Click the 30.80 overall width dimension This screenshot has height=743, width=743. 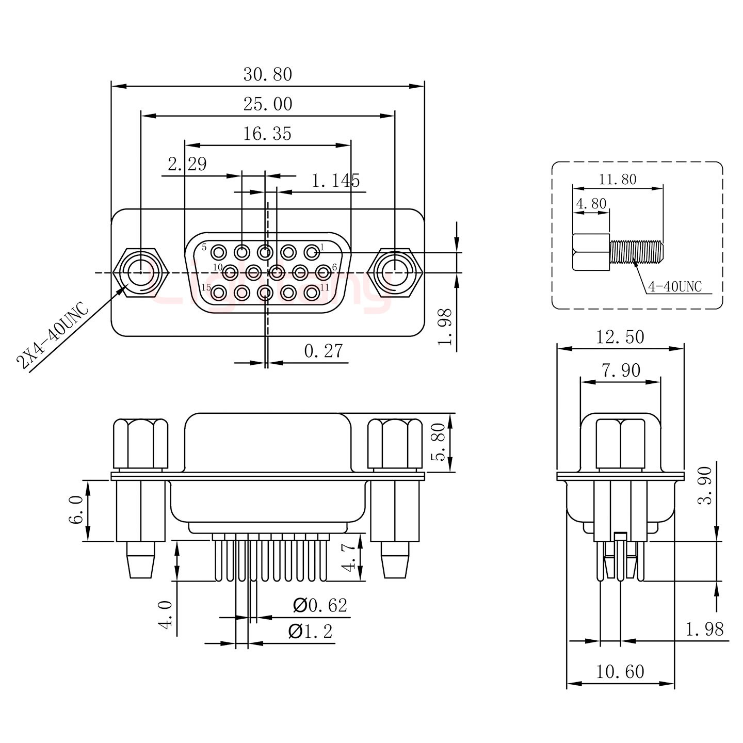[x=267, y=75]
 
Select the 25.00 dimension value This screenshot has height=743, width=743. [x=267, y=104]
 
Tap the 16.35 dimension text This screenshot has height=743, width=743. [x=267, y=134]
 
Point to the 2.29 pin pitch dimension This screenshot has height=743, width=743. [x=187, y=164]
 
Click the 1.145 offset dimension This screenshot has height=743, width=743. [x=336, y=181]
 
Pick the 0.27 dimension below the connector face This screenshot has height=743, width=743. [x=323, y=351]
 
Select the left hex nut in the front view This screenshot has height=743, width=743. [x=140, y=271]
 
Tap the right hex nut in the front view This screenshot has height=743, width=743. [x=395, y=271]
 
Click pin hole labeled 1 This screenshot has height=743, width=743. [x=311, y=253]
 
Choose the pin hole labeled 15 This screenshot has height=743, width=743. [x=219, y=293]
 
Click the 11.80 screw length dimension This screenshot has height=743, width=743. [x=617, y=180]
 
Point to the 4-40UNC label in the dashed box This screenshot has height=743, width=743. [x=675, y=287]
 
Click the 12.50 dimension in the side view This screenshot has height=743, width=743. [x=620, y=337]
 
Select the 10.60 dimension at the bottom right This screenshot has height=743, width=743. [x=620, y=672]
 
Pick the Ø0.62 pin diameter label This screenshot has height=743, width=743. [x=320, y=605]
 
